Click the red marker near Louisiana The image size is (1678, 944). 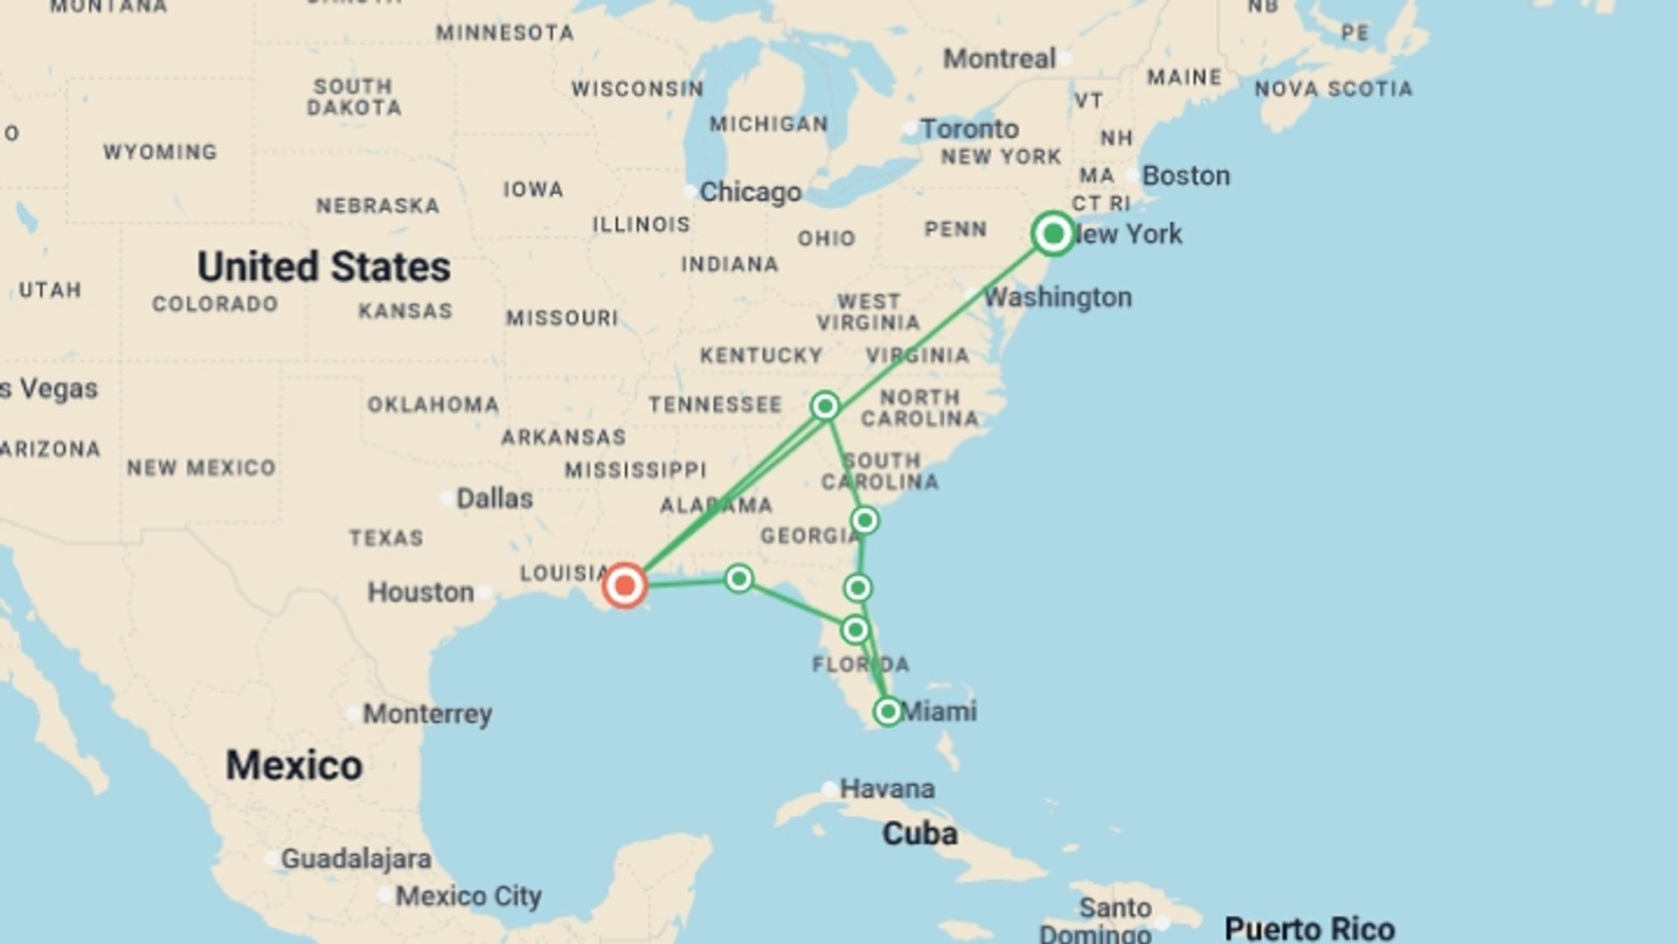pos(625,586)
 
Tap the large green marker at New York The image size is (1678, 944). pos(1053,234)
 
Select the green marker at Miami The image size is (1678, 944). pos(887,711)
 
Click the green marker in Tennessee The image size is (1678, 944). pos(825,406)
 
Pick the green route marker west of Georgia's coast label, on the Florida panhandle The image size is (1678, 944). pos(739,579)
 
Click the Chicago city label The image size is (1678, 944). pos(750,192)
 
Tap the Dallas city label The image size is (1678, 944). pos(494,499)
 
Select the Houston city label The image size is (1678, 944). pos(420,593)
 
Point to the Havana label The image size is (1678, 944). pos(886,789)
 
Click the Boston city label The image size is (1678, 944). pos(1186,176)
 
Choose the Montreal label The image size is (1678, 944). pos(999,59)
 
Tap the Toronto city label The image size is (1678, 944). pos(969,129)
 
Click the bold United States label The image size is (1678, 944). pos(323,267)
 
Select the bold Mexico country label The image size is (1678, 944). pos(294,766)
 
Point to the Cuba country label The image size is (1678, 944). pos(919,834)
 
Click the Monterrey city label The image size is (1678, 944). pos(427,714)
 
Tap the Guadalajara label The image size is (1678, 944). pos(356,859)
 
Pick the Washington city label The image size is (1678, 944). pos(1057,298)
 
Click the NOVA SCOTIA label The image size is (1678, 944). pos(1333,89)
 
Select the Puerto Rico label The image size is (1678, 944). pos(1309,928)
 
